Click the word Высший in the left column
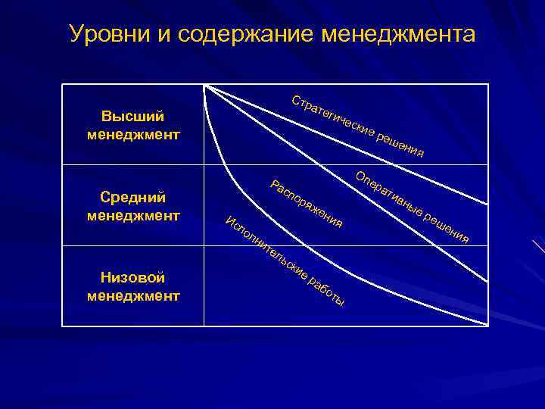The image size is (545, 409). tap(134, 117)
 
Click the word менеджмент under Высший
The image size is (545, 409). tap(134, 136)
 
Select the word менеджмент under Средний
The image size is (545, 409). tap(134, 216)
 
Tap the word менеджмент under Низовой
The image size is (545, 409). tap(134, 296)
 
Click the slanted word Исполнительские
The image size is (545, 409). tap(266, 251)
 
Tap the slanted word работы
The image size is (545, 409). tap(328, 291)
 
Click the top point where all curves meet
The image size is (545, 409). tap(205, 86)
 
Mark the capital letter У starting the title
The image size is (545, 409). tap(75, 35)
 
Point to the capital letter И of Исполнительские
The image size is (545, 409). tap(231, 221)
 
